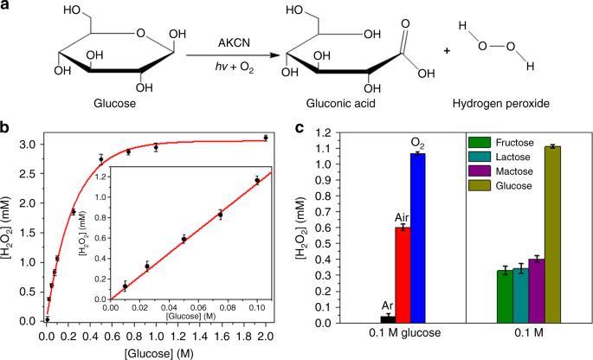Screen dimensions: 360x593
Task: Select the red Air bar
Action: (401, 275)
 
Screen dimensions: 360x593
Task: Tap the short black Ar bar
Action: (388, 318)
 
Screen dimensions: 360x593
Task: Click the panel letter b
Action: (7, 130)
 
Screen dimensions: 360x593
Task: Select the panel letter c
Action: (299, 129)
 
